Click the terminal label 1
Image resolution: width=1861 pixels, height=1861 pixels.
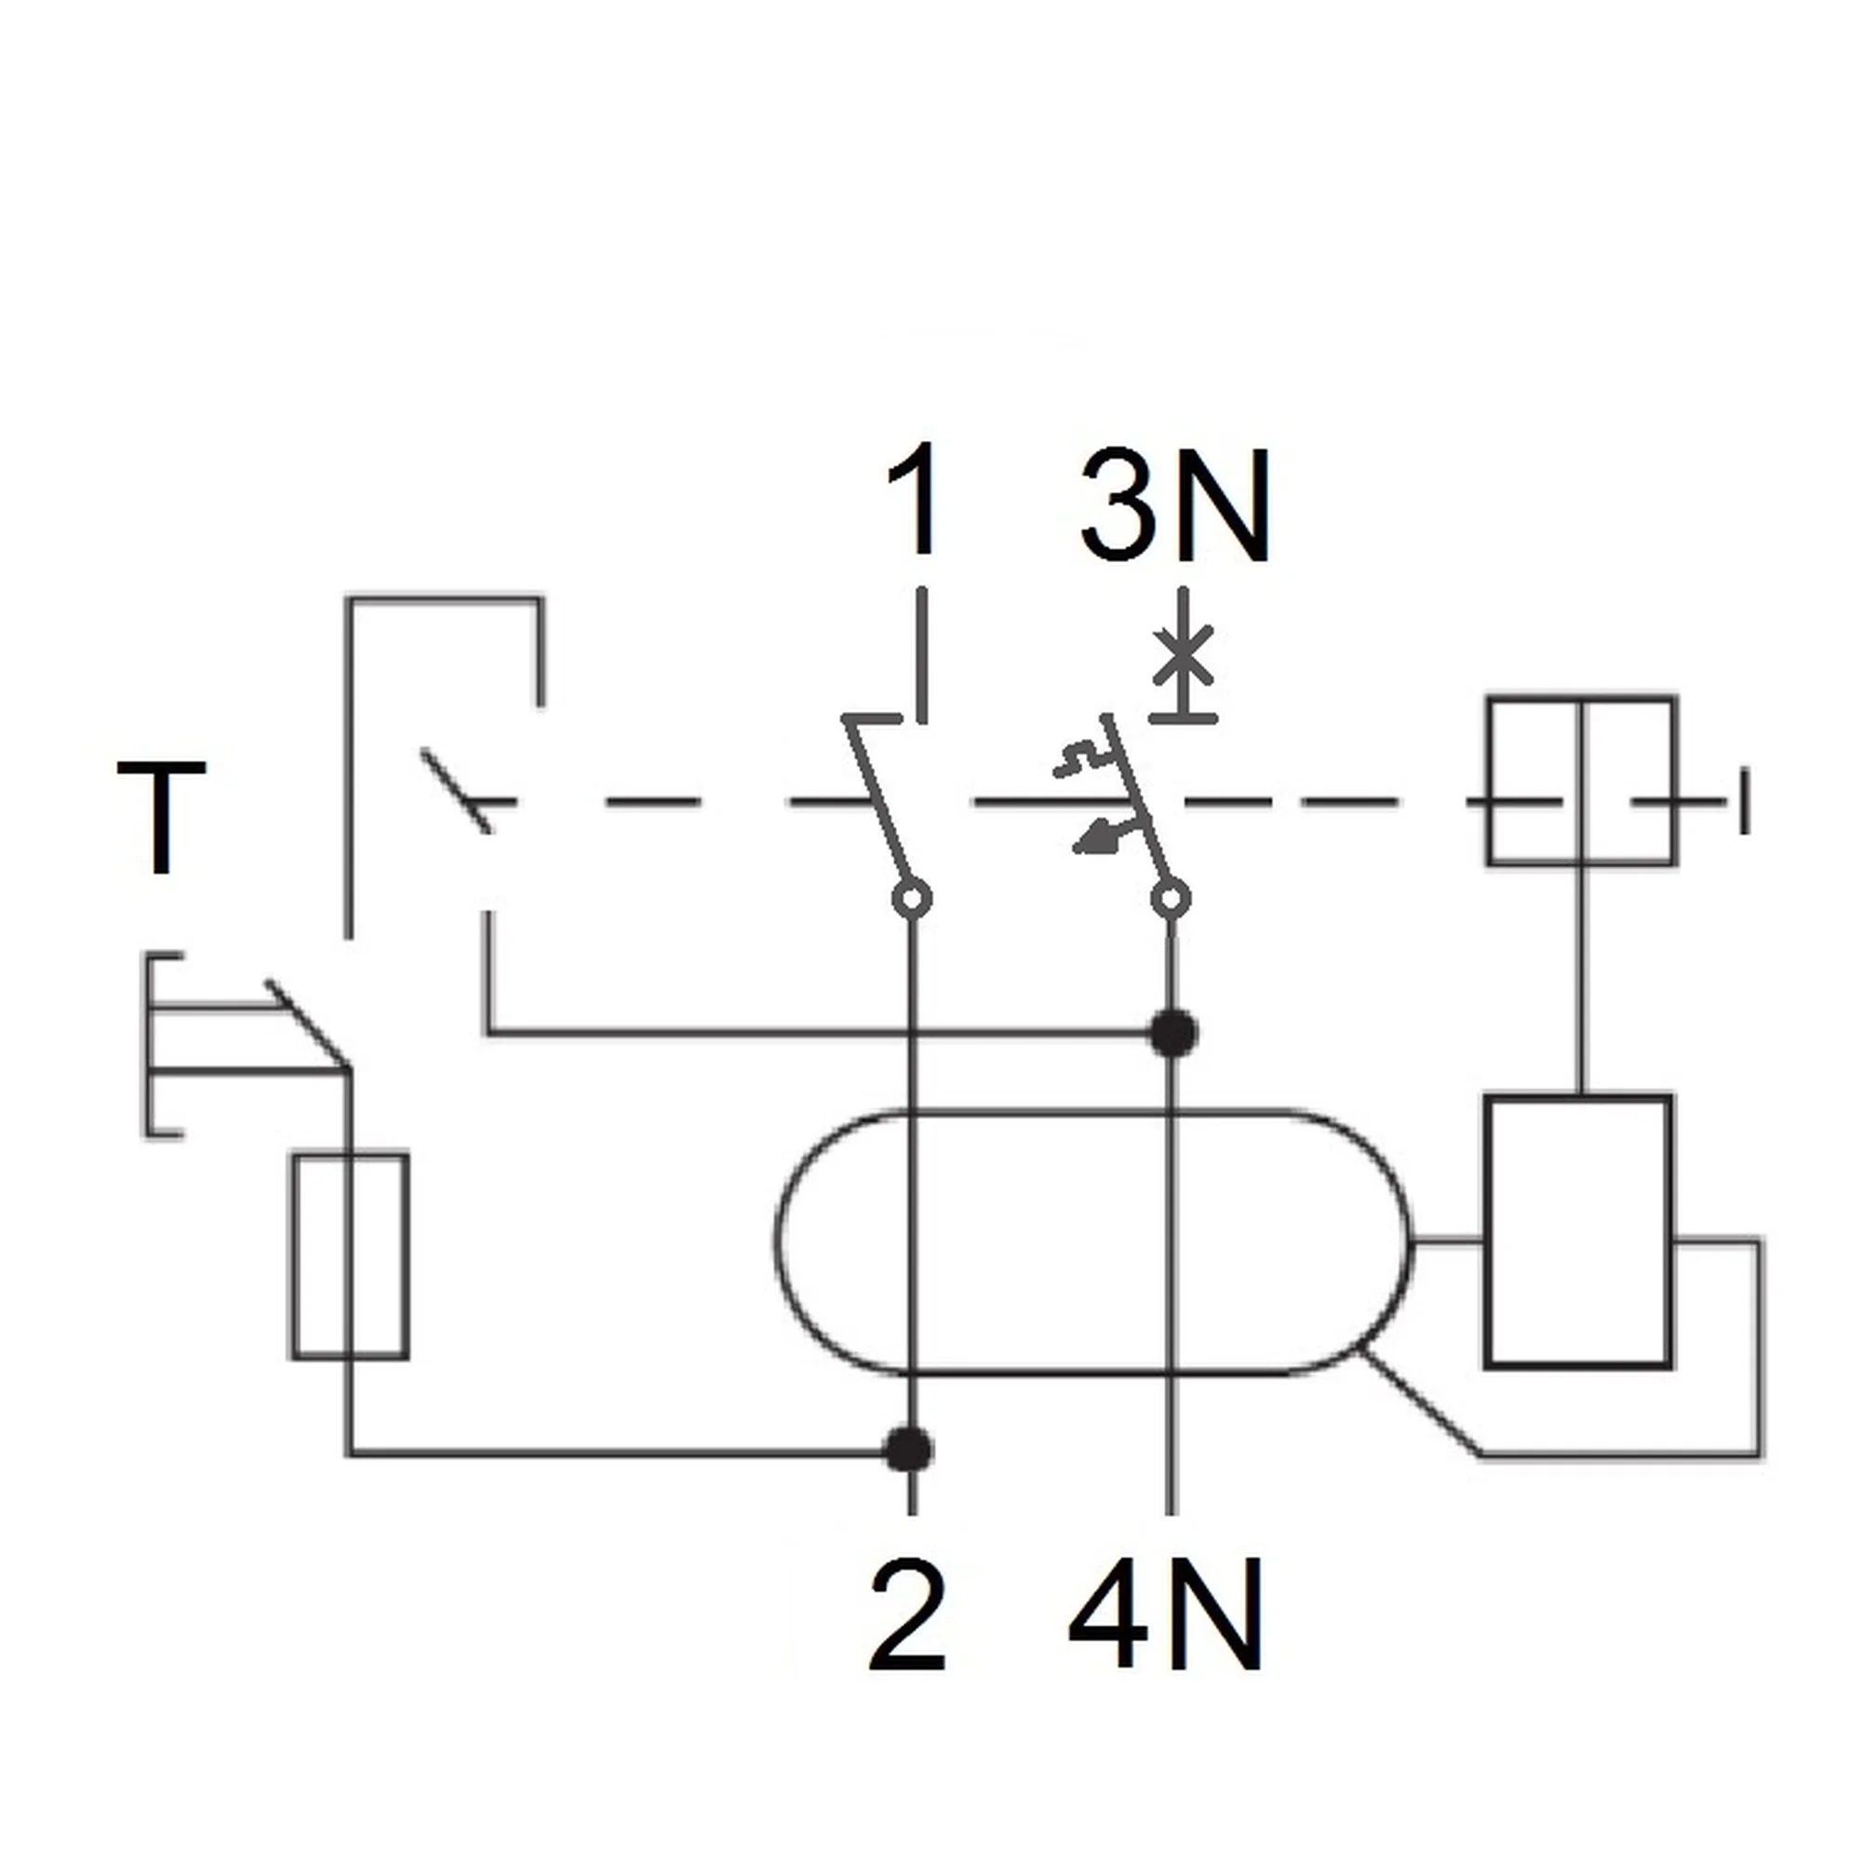pyautogui.click(x=913, y=501)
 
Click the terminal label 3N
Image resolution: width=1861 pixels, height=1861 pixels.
pyautogui.click(x=1174, y=504)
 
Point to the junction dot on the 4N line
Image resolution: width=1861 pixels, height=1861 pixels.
pyautogui.click(x=1173, y=1034)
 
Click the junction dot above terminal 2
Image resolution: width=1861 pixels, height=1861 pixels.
pyautogui.click(x=908, y=1450)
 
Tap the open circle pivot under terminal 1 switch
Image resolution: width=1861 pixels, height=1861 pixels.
pyautogui.click(x=912, y=900)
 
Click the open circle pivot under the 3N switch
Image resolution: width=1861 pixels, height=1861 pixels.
pyautogui.click(x=1171, y=900)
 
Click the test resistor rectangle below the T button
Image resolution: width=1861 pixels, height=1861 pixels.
pyautogui.click(x=350, y=1256)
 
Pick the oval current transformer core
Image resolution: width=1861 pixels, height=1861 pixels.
pyautogui.click(x=1093, y=1242)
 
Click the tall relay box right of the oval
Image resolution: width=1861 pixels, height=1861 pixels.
pyautogui.click(x=1579, y=1230)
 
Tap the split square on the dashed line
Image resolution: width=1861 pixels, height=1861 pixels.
pyautogui.click(x=1581, y=781)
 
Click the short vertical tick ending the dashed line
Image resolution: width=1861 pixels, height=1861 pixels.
pyautogui.click(x=1744, y=800)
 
